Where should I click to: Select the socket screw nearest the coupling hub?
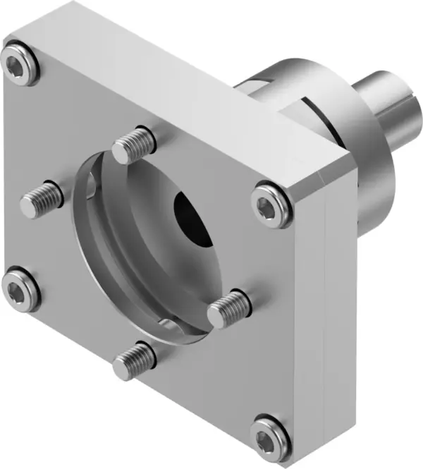click(x=271, y=204)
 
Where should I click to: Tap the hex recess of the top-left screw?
click(x=18, y=64)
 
